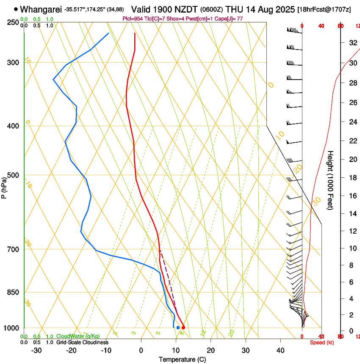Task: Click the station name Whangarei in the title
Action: (41, 9)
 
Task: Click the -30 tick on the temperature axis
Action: (36, 350)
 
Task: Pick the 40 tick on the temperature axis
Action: (280, 350)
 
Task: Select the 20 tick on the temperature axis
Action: (210, 350)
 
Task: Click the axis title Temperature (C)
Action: (182, 359)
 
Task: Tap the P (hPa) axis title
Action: (4, 188)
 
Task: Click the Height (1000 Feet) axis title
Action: (330, 180)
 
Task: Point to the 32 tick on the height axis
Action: (352, 43)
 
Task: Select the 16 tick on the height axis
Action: (352, 196)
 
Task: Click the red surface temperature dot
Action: (183, 328)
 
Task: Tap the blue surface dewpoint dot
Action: (178, 328)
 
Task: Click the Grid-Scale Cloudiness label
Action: (82, 342)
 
